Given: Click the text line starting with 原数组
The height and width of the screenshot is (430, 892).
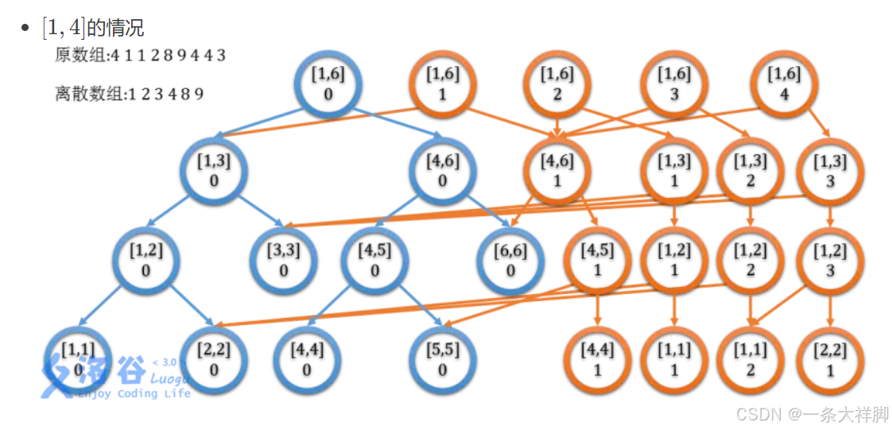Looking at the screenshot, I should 141,56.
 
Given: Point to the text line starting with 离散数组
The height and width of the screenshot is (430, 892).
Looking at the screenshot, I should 130,94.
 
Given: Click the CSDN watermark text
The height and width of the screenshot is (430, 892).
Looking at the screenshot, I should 812,414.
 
